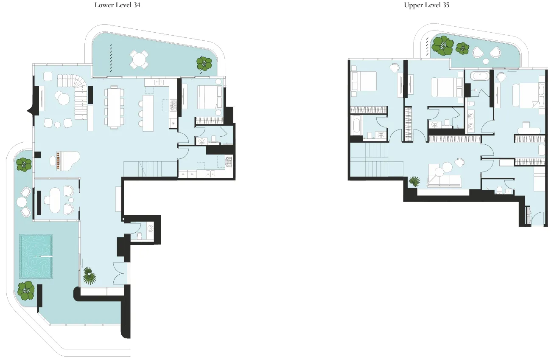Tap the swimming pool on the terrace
tap(36, 256)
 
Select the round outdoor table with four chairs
tap(139, 59)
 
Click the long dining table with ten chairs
tap(114, 107)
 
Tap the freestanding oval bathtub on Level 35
tap(480, 76)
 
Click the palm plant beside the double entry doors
tap(89, 276)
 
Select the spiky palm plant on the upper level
tap(414, 181)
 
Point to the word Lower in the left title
tap(104, 5)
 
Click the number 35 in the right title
tap(446, 5)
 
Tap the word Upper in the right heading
tap(413, 6)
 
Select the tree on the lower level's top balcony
tap(204, 64)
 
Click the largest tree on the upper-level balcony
tap(442, 46)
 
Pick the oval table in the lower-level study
tap(55, 200)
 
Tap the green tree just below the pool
tap(26, 290)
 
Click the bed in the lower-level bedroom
tap(210, 97)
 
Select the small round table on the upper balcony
tap(486, 61)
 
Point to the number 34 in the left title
tap(137, 5)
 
